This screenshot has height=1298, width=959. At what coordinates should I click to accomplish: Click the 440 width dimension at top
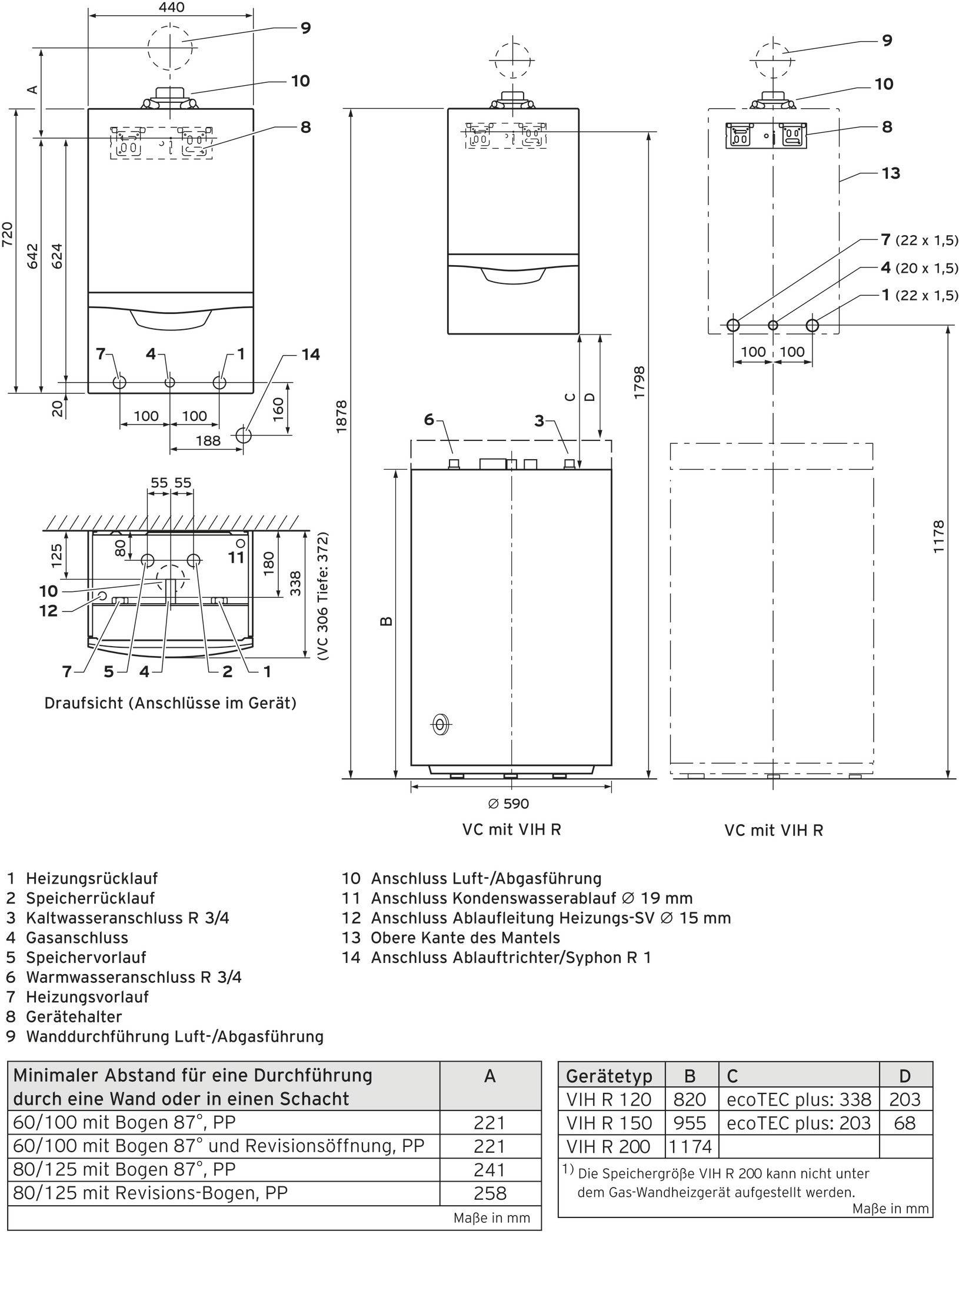pos(171,8)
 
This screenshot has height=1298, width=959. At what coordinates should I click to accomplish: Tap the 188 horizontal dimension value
pos(208,440)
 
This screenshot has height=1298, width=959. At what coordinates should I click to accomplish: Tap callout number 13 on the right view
pos(891,173)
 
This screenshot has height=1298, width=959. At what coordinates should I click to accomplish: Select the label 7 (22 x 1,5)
pos(919,240)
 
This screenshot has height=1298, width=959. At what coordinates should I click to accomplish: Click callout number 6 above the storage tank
pos(429,419)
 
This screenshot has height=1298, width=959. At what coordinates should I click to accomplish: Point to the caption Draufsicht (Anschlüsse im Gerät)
pos(170,703)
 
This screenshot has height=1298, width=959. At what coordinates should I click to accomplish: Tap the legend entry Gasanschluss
pos(76,938)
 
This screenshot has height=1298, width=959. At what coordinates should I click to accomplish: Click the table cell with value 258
pos(490,1193)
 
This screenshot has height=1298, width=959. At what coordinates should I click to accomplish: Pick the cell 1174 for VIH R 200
pos(690,1146)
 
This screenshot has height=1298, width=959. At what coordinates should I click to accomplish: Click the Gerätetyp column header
pos(609,1076)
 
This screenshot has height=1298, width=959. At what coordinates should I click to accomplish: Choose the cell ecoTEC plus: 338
pos(798,1099)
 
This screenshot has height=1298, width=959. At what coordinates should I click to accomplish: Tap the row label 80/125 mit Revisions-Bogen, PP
pos(151,1193)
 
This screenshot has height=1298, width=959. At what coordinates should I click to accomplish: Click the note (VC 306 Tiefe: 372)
pos(322,597)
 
